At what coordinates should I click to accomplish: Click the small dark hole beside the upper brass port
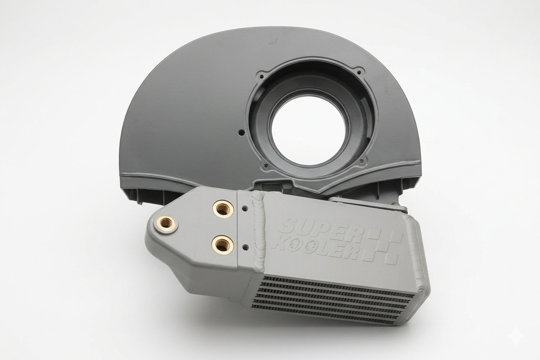click(x=245, y=207)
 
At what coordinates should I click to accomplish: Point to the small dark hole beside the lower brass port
click(x=245, y=247)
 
